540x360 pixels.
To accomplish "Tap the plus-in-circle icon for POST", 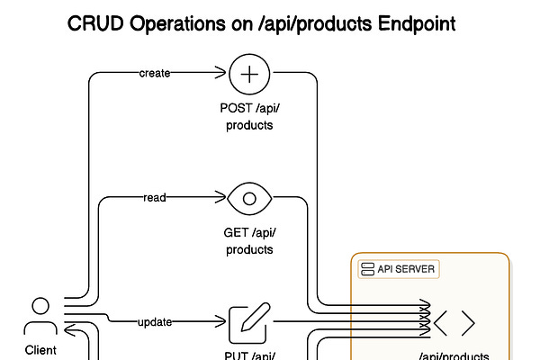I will [x=250, y=74].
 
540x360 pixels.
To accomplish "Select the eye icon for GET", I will [x=250, y=198].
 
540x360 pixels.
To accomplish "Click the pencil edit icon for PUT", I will [x=250, y=322].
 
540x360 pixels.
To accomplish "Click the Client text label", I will [x=40, y=350].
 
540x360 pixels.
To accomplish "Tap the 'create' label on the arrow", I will [x=155, y=74].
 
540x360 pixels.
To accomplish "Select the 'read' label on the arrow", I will [x=155, y=198].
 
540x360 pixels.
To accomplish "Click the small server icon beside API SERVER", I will [x=367, y=269].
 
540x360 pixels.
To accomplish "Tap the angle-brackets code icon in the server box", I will [x=454, y=322].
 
